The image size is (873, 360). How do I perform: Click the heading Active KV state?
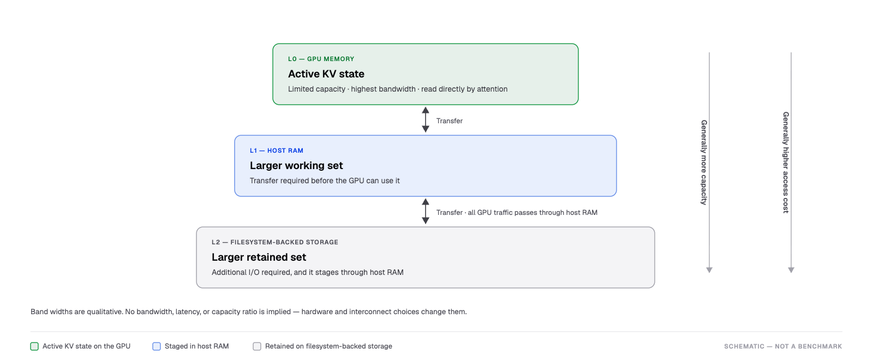[x=326, y=74]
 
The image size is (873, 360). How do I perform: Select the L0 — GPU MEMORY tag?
[x=321, y=59]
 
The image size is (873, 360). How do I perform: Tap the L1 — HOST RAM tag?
[x=276, y=151]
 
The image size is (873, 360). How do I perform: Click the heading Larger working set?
[x=296, y=165]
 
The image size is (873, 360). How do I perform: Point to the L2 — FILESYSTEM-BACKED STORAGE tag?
[x=275, y=242]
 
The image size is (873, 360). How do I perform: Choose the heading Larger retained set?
[x=259, y=257]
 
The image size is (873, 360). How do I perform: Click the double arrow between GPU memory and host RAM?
[x=426, y=119]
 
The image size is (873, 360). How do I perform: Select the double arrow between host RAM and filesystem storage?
[x=426, y=211]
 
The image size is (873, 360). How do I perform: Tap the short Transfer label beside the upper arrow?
[x=450, y=121]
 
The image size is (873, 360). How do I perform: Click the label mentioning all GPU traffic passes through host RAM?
[x=517, y=212]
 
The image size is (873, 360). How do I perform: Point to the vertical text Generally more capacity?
[x=704, y=162]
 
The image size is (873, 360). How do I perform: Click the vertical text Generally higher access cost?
[x=786, y=163]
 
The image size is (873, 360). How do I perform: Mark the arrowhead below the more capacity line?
[x=709, y=270]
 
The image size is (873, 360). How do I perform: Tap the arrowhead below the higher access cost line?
[x=791, y=270]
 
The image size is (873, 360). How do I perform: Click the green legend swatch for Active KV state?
[x=34, y=346]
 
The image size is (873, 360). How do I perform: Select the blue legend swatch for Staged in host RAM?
[x=157, y=346]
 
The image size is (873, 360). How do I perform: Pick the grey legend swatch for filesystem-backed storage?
[x=257, y=346]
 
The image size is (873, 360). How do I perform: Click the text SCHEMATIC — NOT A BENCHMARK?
[x=783, y=346]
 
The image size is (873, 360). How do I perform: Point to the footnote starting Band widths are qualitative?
[x=249, y=311]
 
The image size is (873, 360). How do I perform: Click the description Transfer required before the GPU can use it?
[x=325, y=181]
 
